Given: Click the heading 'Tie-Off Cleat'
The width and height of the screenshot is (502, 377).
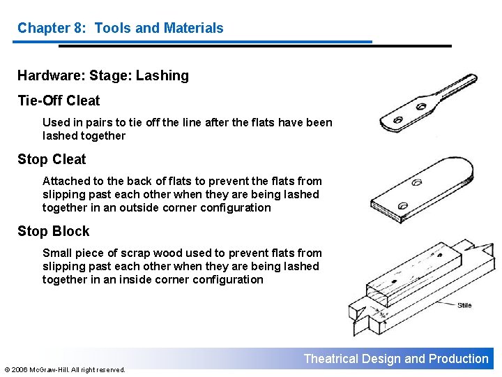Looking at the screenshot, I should [59, 101].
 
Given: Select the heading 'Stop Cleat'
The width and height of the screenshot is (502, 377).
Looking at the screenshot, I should [52, 159].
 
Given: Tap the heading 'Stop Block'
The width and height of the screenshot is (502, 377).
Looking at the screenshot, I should [54, 231].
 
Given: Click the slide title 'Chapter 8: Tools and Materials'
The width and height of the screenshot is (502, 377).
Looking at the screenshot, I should [120, 28].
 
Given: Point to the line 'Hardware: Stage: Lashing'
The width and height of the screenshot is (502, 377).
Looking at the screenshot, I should [103, 75].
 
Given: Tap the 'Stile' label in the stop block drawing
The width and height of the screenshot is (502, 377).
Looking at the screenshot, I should [464, 305].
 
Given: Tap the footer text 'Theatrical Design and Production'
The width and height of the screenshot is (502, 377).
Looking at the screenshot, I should [396, 359].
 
